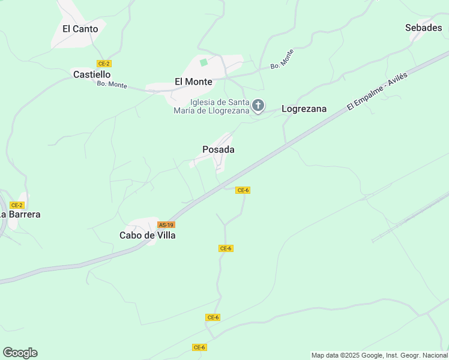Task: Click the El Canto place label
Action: tap(80, 29)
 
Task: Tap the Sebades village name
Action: tap(423, 28)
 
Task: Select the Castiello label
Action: tap(91, 74)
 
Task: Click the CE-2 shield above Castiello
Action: tap(104, 64)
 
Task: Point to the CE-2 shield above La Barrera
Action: tap(17, 205)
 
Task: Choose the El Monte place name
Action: tap(193, 82)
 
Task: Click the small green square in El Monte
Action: tap(203, 62)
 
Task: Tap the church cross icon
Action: tap(258, 106)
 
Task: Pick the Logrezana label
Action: tap(304, 109)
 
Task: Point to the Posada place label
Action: tap(218, 149)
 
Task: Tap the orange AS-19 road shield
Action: tap(166, 224)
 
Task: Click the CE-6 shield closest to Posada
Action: tap(243, 190)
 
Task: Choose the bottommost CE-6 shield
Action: tap(200, 347)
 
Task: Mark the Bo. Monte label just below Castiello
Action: tap(112, 85)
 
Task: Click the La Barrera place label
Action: tap(20, 214)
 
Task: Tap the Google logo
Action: tap(20, 353)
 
